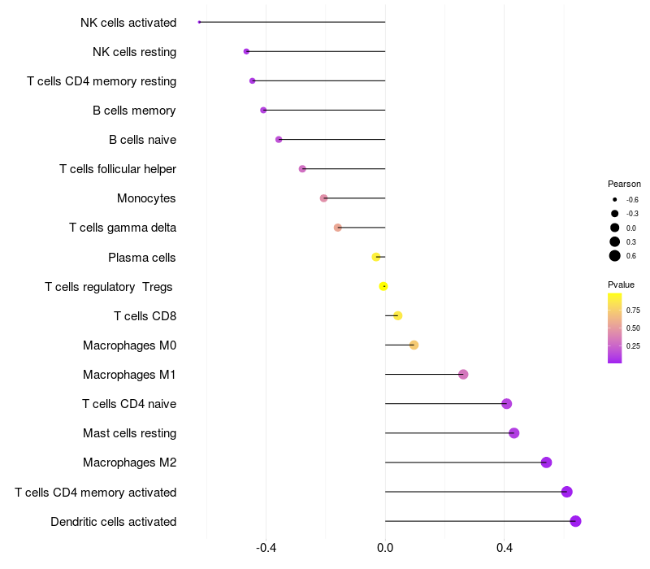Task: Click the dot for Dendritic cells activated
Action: [575, 521]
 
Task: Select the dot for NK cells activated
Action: [199, 22]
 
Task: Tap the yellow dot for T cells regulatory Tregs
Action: [383, 286]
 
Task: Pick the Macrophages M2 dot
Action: [546, 463]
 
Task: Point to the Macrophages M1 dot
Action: [463, 375]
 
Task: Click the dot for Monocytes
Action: [323, 198]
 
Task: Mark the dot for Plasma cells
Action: [375, 257]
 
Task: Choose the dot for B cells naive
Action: [279, 140]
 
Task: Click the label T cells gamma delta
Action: [123, 228]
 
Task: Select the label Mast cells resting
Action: [129, 433]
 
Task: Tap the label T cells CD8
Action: [145, 316]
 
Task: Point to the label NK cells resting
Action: [135, 52]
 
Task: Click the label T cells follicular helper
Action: [118, 169]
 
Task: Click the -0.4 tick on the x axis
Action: [266, 548]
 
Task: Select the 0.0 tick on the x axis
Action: [385, 548]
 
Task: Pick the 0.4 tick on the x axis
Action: [504, 548]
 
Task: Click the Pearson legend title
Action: [624, 184]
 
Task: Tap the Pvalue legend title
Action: [621, 284]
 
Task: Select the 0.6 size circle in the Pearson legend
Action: [615, 256]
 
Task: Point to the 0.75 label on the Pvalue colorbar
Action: [633, 310]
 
